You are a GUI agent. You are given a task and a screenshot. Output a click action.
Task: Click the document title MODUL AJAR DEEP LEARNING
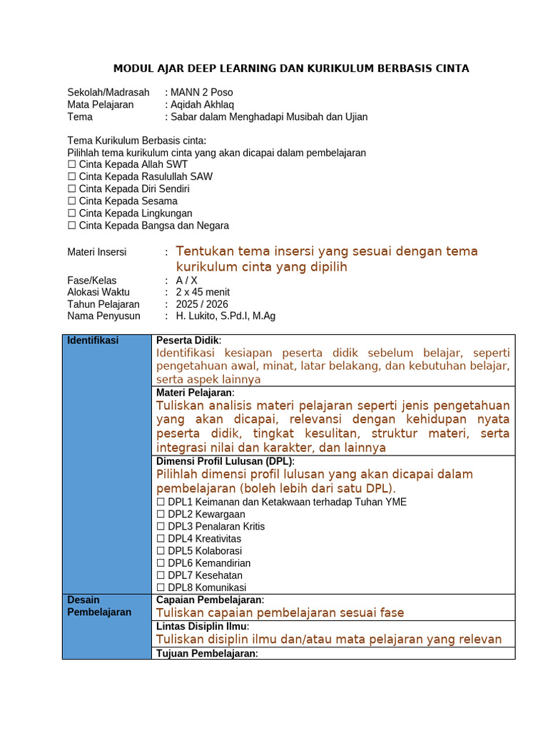tap(291, 69)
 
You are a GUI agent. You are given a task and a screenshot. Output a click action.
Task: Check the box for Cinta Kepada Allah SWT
tap(71, 164)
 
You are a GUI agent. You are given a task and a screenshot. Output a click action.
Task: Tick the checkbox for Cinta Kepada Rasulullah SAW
tap(71, 176)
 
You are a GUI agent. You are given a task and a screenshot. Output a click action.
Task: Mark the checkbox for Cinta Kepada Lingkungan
tap(71, 213)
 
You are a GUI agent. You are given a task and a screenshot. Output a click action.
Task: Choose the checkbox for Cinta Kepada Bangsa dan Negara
tap(71, 226)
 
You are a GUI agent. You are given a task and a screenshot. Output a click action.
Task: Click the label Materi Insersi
tap(96, 252)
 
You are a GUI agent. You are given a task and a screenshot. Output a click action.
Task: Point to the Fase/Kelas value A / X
tap(186, 281)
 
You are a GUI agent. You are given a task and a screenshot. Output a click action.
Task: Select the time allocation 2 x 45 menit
tap(203, 292)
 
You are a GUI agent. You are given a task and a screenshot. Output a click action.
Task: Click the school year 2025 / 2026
tap(202, 304)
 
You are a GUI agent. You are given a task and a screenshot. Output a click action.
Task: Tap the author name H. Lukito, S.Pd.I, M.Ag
tap(225, 316)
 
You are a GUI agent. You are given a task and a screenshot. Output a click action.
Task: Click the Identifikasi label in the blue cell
tap(93, 341)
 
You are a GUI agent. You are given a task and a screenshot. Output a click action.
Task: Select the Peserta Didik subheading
tap(188, 341)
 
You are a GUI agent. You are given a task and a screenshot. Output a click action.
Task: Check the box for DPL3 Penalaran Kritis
tap(161, 527)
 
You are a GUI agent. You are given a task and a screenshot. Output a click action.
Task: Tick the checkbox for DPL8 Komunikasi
tap(161, 588)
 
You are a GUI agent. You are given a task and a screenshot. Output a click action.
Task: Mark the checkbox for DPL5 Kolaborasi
tap(161, 551)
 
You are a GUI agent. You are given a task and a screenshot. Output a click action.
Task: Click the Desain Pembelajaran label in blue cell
tap(99, 606)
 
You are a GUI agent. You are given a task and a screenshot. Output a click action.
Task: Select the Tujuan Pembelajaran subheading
tap(205, 654)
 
